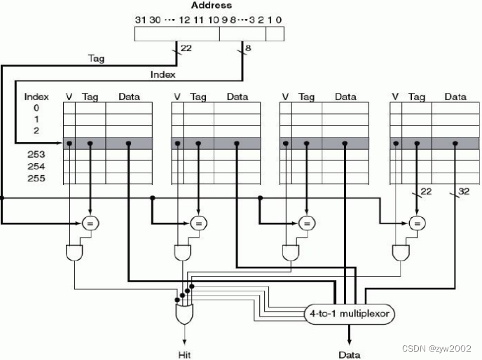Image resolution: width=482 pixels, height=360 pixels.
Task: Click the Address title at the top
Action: [x=211, y=6]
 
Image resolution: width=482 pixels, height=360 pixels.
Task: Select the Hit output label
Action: [x=184, y=354]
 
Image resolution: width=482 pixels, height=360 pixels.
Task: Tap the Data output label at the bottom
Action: [x=350, y=354]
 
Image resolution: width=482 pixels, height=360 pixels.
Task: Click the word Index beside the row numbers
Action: [x=36, y=97]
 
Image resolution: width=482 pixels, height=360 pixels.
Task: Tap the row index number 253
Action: [x=36, y=155]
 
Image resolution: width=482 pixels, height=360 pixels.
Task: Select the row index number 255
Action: [x=36, y=179]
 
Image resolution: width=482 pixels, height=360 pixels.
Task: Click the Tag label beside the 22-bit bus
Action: [x=96, y=59]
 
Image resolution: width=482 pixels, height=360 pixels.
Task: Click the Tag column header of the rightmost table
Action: [x=417, y=97]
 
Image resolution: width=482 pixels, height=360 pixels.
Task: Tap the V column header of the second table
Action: [x=177, y=97]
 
